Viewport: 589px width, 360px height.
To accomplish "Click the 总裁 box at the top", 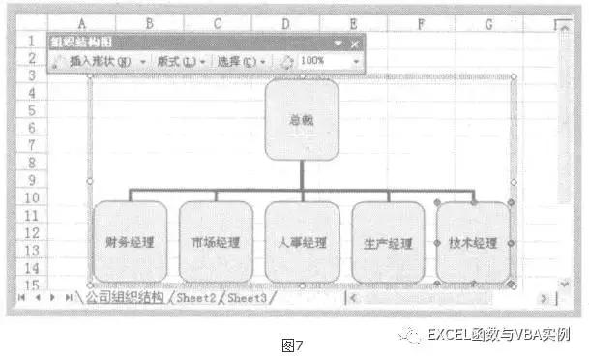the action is click(x=302, y=119).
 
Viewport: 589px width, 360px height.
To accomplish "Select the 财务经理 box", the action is click(x=131, y=242).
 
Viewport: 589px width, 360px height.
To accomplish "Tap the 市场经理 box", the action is click(x=216, y=242).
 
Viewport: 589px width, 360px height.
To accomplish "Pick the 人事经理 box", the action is click(x=302, y=242).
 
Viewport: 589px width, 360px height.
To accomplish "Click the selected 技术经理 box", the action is click(x=473, y=242).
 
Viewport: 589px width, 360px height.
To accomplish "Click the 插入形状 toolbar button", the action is click(x=97, y=60).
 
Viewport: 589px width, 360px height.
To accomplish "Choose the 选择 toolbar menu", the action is click(x=241, y=60).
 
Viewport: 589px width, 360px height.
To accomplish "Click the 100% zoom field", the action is click(x=324, y=60).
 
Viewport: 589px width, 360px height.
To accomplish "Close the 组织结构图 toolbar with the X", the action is click(x=355, y=44).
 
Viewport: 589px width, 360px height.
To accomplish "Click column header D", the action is click(x=284, y=23).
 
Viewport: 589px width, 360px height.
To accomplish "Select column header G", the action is click(x=491, y=23).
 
